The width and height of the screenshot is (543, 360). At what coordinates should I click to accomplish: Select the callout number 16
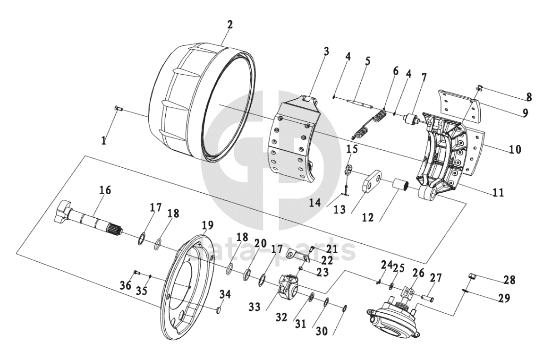[106, 190]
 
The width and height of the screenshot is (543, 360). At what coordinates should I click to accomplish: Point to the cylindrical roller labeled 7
[411, 120]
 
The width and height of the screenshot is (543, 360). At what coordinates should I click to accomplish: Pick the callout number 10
[515, 149]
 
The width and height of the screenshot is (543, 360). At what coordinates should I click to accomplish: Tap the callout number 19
[208, 225]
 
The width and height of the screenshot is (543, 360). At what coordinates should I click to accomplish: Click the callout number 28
[509, 280]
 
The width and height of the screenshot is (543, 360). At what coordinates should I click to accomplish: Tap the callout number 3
[326, 52]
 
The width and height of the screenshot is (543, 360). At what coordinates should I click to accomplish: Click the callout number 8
[529, 97]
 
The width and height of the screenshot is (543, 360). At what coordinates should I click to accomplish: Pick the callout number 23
[322, 272]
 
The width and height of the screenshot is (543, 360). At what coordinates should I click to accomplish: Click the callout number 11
[498, 192]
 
